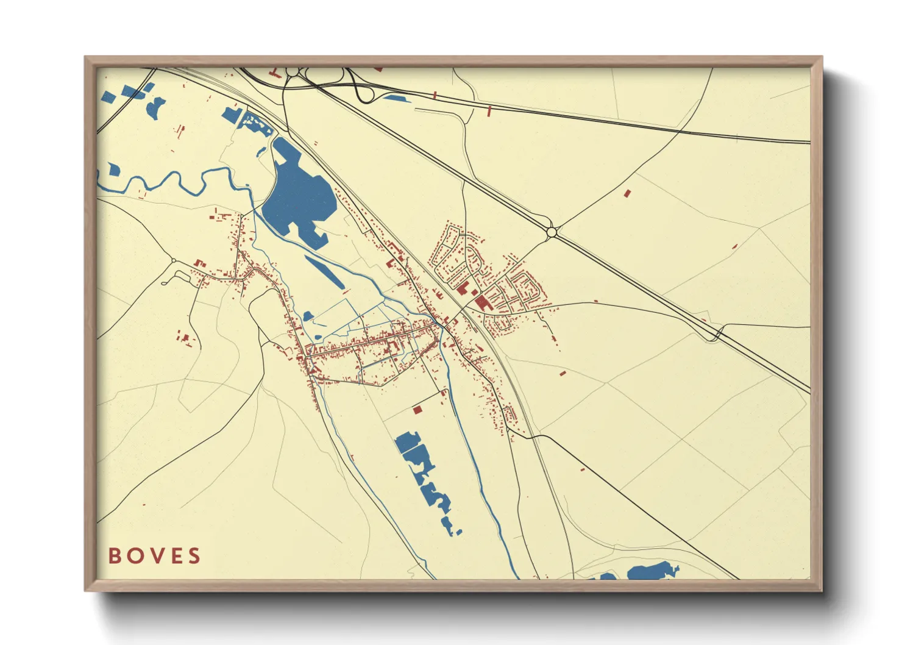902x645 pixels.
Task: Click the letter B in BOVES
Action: point(114,556)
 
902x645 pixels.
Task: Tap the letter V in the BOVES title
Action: point(154,556)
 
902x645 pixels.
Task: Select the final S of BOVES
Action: point(194,556)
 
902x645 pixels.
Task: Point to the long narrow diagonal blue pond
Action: point(324,272)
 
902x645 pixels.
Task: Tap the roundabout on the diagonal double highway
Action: point(552,232)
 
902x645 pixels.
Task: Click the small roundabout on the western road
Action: point(174,261)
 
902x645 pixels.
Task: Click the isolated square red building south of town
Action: point(417,410)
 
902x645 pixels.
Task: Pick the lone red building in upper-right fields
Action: point(627,193)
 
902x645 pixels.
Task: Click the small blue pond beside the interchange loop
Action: point(394,98)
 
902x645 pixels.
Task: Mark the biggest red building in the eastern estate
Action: point(481,302)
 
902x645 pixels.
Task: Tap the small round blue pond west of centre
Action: point(308,316)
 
